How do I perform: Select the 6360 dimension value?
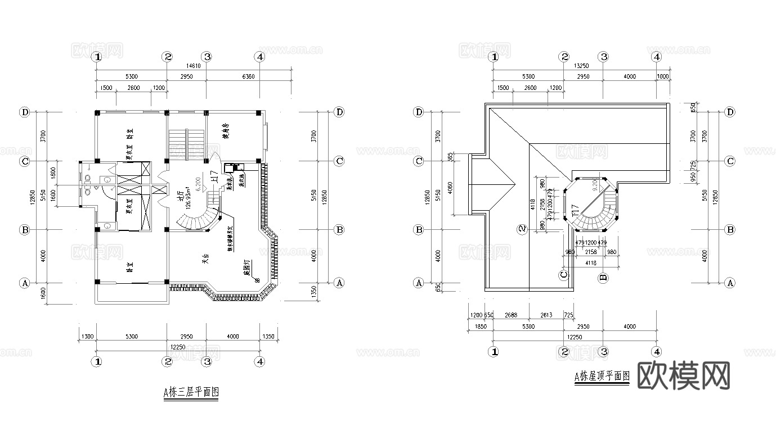248,76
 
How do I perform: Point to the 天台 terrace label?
207,260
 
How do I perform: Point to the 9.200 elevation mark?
594,184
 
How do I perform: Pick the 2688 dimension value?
511,316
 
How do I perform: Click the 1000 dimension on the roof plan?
663,76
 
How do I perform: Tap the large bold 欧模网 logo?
684,375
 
